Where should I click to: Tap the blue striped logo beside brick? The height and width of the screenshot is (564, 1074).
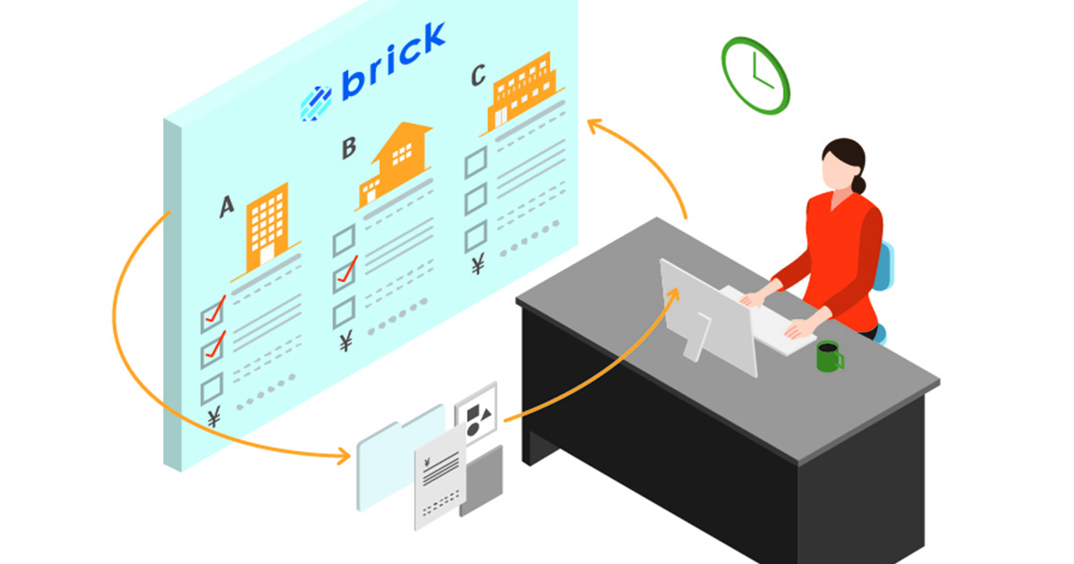[316, 102]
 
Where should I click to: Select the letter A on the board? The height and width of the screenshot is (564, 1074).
[227, 207]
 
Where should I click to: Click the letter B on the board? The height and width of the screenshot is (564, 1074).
[349, 148]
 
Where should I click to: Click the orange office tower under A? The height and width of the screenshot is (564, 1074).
[268, 225]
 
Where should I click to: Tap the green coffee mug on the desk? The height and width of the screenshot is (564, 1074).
[829, 355]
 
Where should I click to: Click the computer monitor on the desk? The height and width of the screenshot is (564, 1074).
[707, 313]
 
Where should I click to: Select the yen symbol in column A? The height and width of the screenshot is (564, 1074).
[215, 417]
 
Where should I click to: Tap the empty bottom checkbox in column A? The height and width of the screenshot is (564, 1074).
[211, 389]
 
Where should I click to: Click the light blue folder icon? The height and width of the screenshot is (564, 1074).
[394, 457]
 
